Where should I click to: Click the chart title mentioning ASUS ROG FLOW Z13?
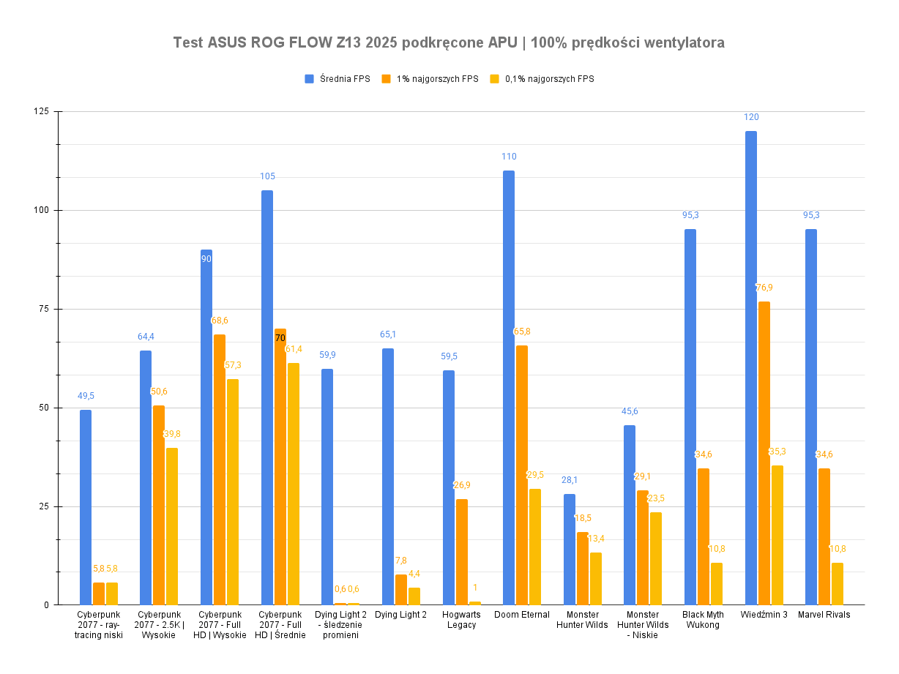pos(449,42)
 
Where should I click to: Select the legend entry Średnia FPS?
pos(343,79)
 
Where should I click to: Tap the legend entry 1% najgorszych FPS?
pos(436,79)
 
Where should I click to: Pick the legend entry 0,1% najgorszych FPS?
pos(549,79)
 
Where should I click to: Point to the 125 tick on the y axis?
pos(41,111)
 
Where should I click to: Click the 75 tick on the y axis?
pos(43,309)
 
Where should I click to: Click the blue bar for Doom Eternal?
pos(509,388)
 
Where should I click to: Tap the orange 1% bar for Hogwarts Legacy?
pos(462,552)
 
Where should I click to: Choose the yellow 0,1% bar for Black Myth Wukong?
pos(717,583)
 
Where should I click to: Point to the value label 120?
pos(751,117)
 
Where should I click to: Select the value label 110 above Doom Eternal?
pos(509,157)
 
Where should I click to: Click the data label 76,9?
pos(764,288)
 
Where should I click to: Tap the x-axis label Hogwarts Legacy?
pos(461,620)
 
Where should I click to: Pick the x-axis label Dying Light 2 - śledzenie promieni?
pos(340,624)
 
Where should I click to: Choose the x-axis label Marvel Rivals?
pos(824,615)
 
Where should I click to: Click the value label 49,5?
pos(86,396)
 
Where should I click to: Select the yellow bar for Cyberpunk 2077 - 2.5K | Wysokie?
pos(172,526)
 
